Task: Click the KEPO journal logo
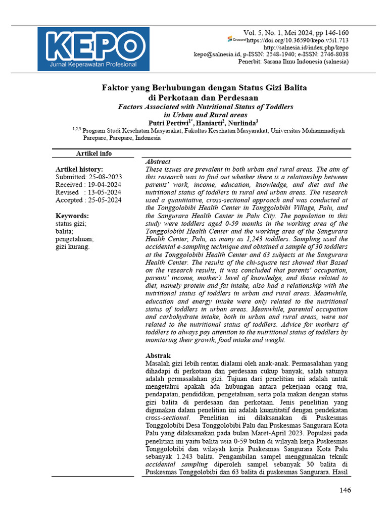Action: [x=93, y=48]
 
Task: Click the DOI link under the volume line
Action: [x=298, y=40]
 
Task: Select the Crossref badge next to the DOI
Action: [x=236, y=39]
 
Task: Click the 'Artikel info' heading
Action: [x=93, y=153]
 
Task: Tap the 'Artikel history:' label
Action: [x=79, y=169]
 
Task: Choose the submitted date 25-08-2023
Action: [x=105, y=177]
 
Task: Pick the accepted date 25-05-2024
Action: [x=104, y=200]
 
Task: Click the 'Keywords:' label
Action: [x=72, y=216]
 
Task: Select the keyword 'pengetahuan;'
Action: [x=75, y=239]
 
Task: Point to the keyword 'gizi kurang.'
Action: [x=73, y=246]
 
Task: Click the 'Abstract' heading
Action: [x=158, y=162]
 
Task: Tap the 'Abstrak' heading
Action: [x=158, y=355]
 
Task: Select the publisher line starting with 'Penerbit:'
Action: [x=293, y=62]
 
